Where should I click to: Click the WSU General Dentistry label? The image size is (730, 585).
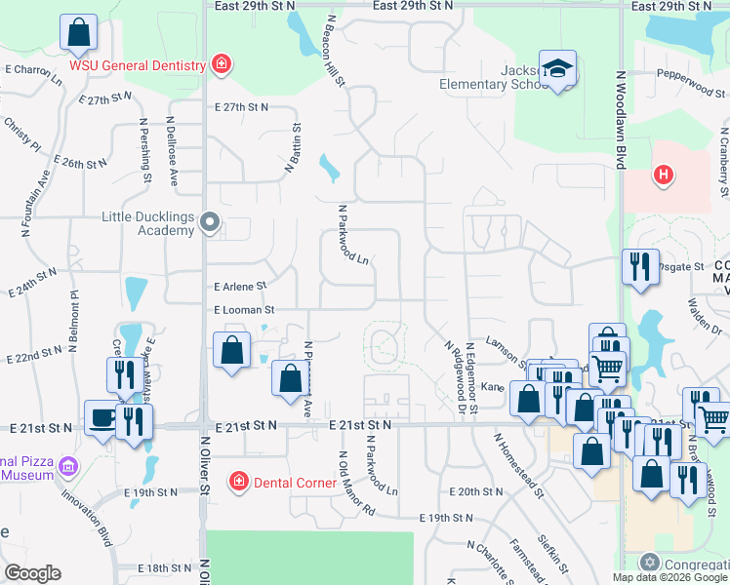click(x=137, y=66)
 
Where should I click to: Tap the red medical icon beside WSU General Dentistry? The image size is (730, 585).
click(x=223, y=65)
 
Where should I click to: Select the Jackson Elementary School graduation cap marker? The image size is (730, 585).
click(x=559, y=69)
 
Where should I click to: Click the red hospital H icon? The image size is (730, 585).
click(x=664, y=175)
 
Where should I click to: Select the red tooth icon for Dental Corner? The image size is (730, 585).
click(x=237, y=481)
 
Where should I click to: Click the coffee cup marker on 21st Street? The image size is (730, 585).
click(x=101, y=418)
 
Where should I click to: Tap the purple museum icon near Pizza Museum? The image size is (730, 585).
click(x=67, y=467)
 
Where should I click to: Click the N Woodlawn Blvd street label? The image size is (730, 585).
click(x=620, y=120)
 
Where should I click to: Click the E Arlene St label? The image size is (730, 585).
click(x=240, y=287)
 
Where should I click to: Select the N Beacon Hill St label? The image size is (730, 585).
click(x=335, y=50)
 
